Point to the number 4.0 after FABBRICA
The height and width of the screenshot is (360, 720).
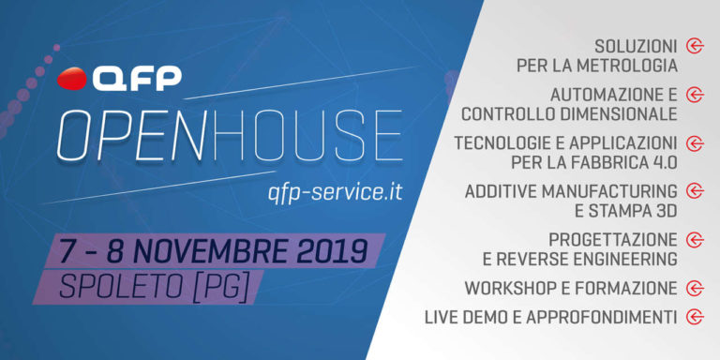coord(662,162)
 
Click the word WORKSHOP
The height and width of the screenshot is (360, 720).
coord(508,287)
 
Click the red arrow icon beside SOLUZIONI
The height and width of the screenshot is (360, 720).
coord(695,45)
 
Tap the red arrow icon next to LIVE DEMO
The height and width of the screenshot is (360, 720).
coord(695,316)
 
